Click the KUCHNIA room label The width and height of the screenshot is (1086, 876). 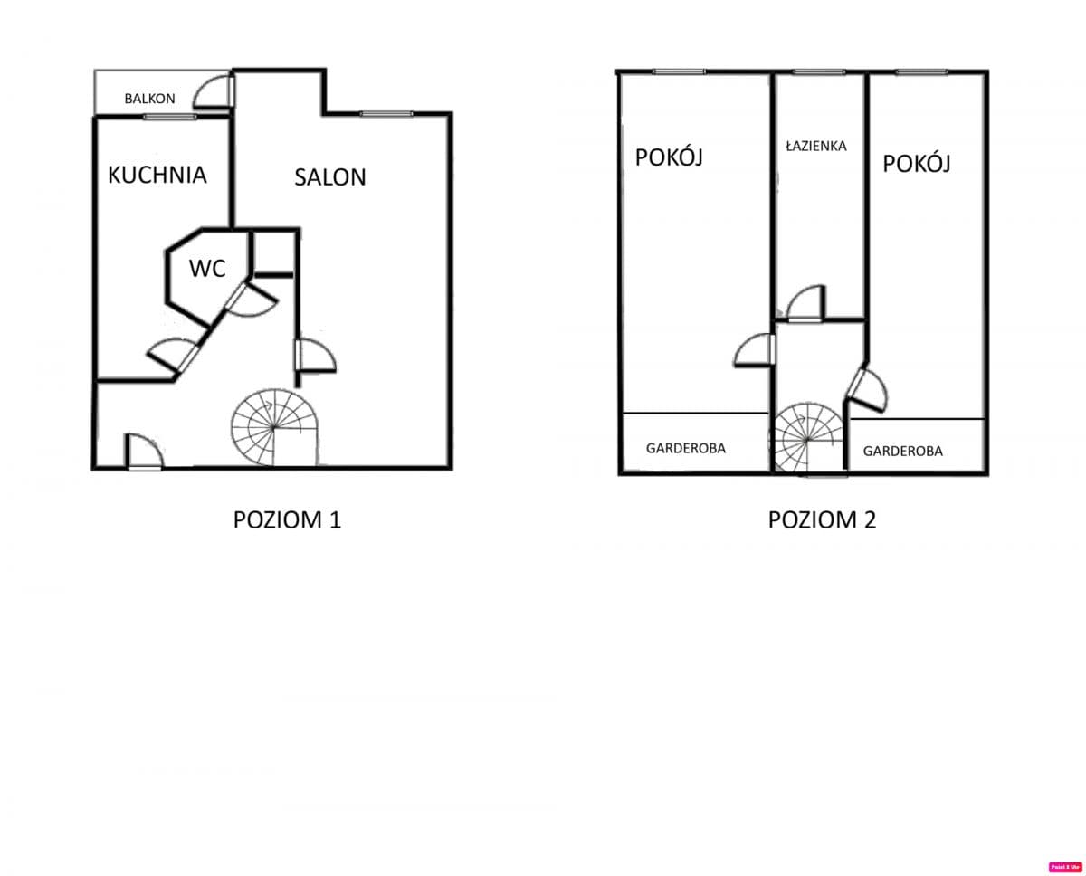(x=157, y=175)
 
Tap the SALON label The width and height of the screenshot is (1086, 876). (x=330, y=177)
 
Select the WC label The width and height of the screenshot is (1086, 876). (x=207, y=268)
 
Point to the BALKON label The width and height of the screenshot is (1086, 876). (x=149, y=99)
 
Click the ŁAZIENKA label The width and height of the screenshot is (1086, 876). (x=816, y=145)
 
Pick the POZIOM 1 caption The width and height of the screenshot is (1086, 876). (x=287, y=520)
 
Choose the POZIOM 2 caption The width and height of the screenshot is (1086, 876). (x=822, y=520)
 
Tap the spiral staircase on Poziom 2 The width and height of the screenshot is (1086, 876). (x=806, y=439)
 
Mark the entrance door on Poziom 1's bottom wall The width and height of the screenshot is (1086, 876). (x=143, y=452)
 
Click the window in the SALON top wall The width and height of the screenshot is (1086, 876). (x=386, y=114)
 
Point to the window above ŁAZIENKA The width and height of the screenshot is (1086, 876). (x=818, y=72)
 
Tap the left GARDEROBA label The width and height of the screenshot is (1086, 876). (x=685, y=448)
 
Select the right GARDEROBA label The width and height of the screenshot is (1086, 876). (x=902, y=451)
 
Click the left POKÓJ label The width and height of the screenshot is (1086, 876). (x=669, y=157)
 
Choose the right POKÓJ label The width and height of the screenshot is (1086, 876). (x=917, y=164)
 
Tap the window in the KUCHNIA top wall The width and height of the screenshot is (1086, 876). (x=169, y=117)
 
